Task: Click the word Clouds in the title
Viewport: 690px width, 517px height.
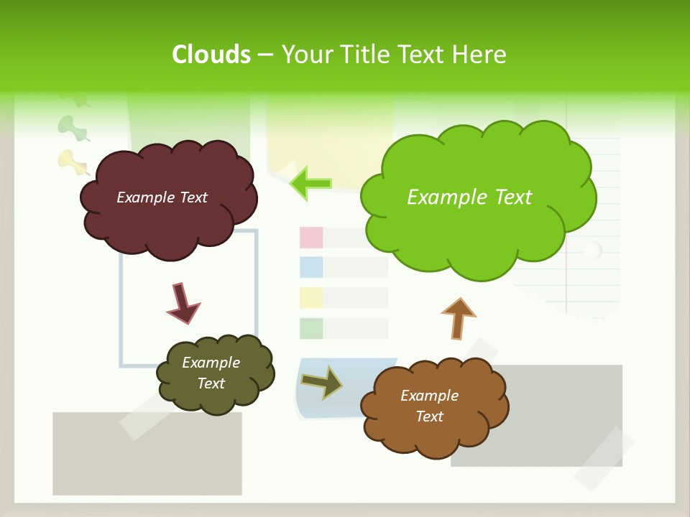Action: (211, 55)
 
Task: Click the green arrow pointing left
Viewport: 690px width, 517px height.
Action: (310, 183)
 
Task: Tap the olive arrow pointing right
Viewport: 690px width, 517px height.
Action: (321, 383)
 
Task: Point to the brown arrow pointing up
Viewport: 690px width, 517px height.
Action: (458, 317)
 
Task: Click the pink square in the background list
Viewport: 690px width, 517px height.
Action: (311, 237)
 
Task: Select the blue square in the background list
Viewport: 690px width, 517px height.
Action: (311, 267)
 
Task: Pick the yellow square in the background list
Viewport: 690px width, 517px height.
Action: (311, 298)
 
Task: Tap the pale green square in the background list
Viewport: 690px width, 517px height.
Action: (311, 328)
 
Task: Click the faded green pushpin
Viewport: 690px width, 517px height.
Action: (71, 128)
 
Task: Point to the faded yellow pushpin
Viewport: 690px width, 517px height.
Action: (70, 162)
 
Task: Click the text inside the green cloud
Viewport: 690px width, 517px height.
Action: (469, 197)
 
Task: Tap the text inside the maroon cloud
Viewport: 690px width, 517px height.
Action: (162, 197)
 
